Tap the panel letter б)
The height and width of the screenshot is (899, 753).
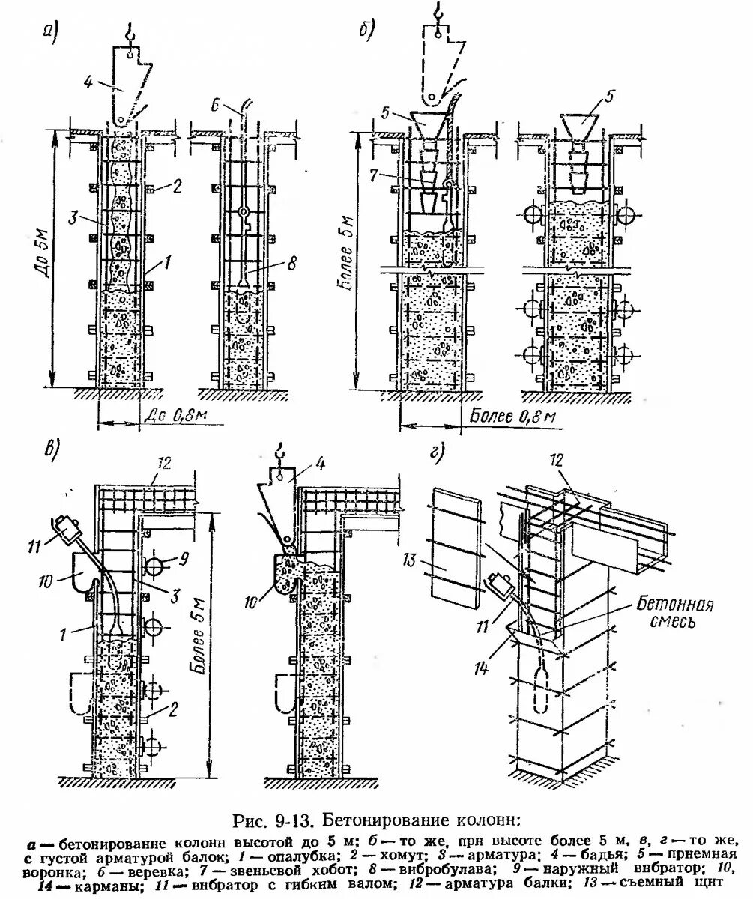[367, 32]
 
